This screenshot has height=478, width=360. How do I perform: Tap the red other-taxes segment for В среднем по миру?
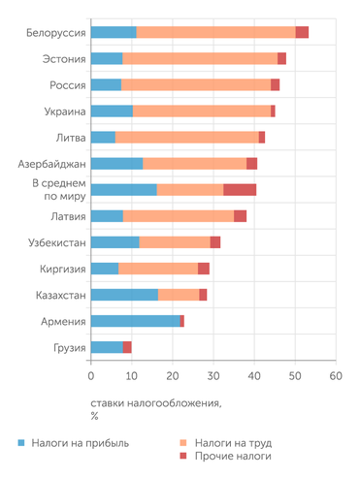240,190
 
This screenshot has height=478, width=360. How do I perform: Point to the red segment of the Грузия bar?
127,347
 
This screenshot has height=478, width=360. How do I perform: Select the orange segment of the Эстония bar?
199,59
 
